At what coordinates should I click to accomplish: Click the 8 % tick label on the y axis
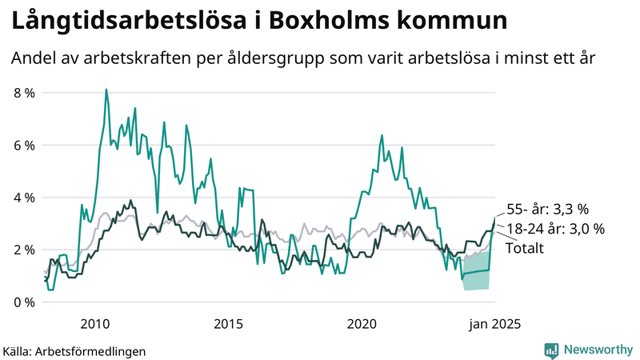23,93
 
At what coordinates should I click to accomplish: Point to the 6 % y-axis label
23,146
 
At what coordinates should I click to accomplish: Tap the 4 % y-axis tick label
23,198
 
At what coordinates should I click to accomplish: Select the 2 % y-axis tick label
23,250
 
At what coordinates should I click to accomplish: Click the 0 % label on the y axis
23,302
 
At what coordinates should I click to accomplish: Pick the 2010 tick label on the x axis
95,324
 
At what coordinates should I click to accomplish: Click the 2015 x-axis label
229,324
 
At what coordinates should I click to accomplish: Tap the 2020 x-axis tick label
362,324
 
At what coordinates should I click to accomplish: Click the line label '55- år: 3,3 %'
548,210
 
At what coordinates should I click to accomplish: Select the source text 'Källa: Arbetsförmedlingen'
74,350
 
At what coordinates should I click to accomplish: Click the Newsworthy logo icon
551,350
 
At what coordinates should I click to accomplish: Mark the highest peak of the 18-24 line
106,90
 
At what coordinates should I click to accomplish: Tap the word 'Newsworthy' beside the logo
598,350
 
